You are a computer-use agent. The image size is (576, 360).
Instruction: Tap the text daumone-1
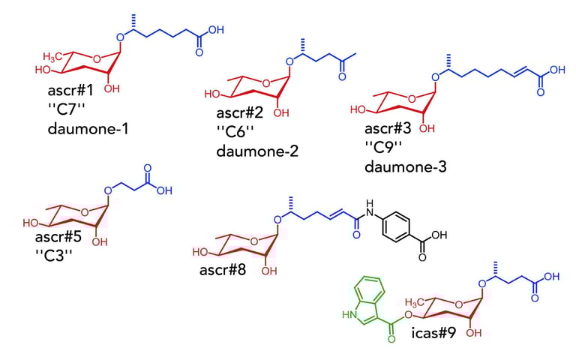[86, 128]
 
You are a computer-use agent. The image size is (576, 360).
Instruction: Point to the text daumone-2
[257, 151]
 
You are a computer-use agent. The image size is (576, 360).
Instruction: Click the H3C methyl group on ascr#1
[53, 56]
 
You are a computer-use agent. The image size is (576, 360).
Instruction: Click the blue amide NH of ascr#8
[369, 203]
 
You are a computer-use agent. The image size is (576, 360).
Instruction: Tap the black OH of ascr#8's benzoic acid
[439, 235]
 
